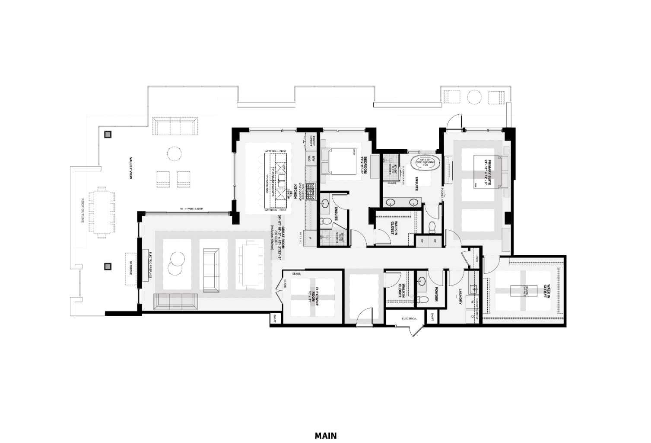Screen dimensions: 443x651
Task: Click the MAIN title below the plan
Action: [325, 436]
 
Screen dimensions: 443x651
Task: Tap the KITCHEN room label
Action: [295, 191]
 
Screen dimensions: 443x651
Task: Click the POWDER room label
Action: [436, 294]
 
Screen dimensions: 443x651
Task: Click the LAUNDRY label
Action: [460, 296]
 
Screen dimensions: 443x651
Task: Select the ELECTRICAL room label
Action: [410, 318]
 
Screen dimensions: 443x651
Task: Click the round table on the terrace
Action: [175, 154]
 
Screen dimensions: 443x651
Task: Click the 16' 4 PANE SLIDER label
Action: [191, 209]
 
